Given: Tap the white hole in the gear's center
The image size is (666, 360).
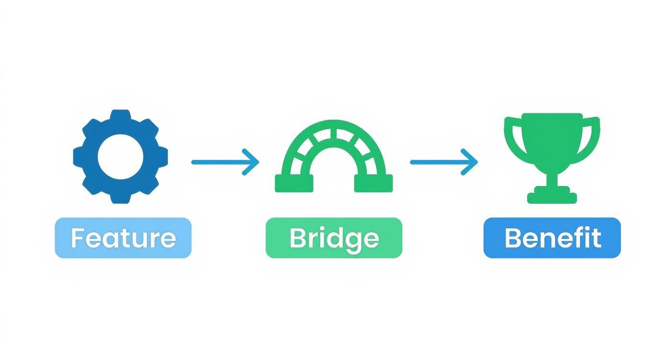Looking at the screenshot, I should (x=121, y=157).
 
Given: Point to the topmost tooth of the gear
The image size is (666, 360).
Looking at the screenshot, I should (x=121, y=116).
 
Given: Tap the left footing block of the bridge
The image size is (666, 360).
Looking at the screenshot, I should (x=294, y=183).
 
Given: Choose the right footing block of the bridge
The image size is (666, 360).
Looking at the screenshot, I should (x=373, y=183).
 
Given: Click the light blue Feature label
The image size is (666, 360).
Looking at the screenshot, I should (x=123, y=238).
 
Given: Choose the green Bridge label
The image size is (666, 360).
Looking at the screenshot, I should (x=333, y=238).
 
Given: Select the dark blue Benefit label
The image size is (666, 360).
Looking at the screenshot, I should (x=552, y=238).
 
